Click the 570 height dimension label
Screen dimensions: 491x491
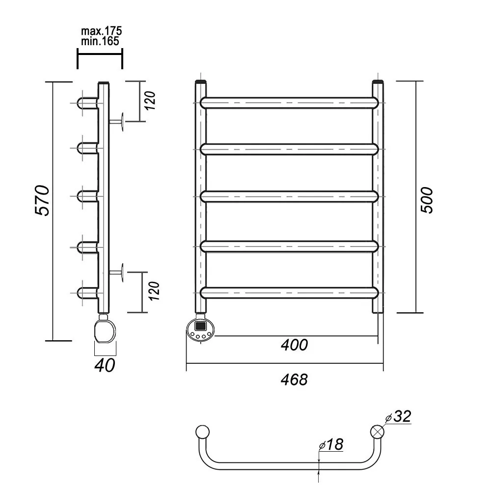coord(42,200)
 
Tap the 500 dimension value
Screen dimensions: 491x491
coord(427,200)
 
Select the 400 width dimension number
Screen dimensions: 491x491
coord(294,345)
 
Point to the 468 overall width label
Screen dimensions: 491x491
coord(294,380)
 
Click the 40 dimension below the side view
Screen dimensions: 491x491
coord(105,365)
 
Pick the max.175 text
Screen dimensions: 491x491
coord(102,31)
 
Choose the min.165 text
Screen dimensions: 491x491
coord(100,41)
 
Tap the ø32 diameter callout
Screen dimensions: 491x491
coord(398,417)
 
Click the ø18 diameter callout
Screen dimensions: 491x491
coord(331,444)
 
